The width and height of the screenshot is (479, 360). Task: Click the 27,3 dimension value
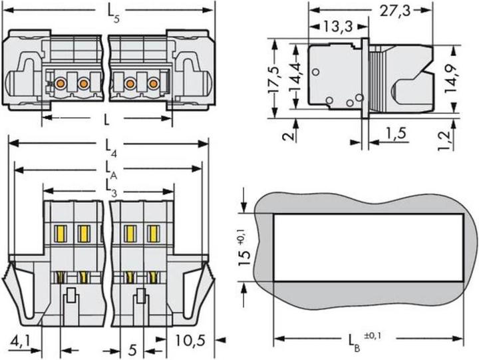395,11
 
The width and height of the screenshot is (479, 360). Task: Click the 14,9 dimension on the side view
451,79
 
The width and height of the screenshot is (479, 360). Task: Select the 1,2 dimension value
444,140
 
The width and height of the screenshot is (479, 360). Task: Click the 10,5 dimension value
190,340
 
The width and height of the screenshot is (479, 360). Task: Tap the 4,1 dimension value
21,341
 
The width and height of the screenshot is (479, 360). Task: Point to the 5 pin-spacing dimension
132,350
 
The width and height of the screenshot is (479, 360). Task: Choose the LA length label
111,171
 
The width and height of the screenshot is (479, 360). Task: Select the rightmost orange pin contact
154,83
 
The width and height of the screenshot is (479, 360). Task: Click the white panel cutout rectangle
369,248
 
